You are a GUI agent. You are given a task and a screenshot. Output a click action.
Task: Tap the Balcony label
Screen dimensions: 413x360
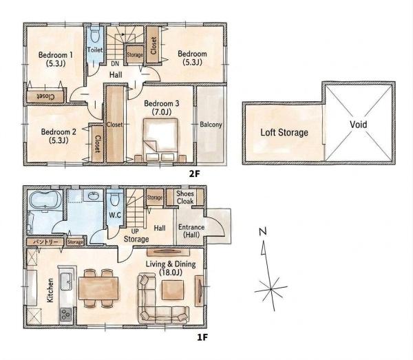pos(211,125)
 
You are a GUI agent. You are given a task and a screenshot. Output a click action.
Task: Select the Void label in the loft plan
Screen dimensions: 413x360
pos(358,124)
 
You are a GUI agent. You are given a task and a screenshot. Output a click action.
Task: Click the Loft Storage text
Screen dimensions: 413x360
pos(284,132)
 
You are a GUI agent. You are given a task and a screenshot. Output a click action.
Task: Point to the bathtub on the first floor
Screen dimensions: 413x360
pos(45,200)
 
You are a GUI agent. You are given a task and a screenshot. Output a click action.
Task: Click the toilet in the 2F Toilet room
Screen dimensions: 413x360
pos(95,35)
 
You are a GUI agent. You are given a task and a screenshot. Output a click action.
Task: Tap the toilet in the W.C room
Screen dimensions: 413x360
pos(115,199)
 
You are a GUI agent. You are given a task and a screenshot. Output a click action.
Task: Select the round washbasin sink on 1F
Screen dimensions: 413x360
pos(94,196)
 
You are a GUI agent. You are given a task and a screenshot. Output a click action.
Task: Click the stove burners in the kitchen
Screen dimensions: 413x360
pos(65,314)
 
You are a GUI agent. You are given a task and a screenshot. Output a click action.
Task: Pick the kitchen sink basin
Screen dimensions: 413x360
pos(66,281)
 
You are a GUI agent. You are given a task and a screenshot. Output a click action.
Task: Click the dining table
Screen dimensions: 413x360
pos(98,288)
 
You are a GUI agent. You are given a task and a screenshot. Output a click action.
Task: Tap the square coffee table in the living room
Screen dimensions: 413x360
pos(173,290)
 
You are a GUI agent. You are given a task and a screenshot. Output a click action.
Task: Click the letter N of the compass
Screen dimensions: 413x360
pos(263,231)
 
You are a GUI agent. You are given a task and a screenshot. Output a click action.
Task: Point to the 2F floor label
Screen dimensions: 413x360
pos(195,173)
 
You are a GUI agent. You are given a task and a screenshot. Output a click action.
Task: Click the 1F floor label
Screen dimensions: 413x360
pos(202,337)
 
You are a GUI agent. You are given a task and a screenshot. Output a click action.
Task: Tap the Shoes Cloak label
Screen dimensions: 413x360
pos(185,198)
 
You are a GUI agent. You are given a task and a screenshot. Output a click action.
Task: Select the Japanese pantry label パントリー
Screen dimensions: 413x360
pos(45,242)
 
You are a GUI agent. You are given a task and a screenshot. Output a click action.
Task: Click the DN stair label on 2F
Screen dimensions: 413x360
pos(115,63)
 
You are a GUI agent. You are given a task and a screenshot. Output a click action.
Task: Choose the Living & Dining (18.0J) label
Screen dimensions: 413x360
pos(171,268)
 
